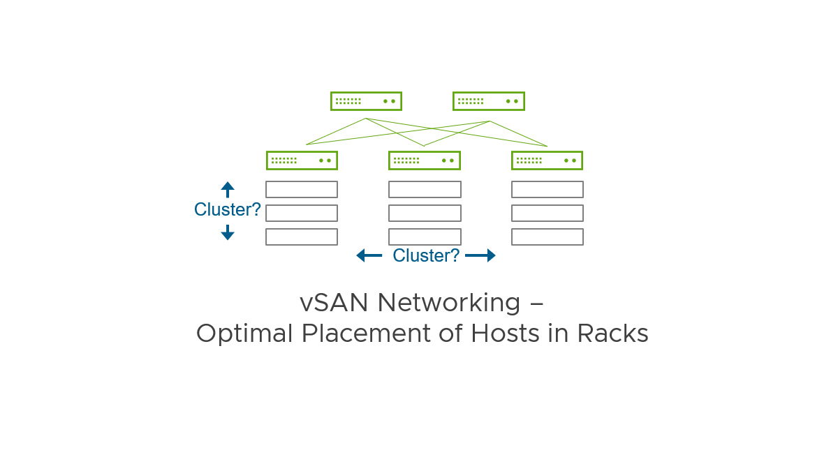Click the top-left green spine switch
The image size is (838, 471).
pyautogui.click(x=366, y=101)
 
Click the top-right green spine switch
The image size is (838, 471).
pyautogui.click(x=488, y=101)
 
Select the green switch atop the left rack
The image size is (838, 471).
pyautogui.click(x=302, y=160)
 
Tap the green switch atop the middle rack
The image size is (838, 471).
pyautogui.click(x=424, y=160)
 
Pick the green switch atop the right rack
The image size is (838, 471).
pyautogui.click(x=547, y=160)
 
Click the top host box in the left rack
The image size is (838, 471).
pyautogui.click(x=302, y=190)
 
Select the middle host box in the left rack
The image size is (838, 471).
pyautogui.click(x=302, y=213)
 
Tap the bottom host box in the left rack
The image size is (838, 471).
pyautogui.click(x=302, y=237)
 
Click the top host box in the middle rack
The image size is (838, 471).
pyautogui.click(x=425, y=190)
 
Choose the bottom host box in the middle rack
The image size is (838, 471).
pyautogui.click(x=425, y=237)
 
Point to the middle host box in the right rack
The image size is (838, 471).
pyautogui.click(x=547, y=213)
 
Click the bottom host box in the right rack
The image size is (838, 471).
pyautogui.click(x=547, y=237)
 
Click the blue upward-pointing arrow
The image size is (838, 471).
pyautogui.click(x=228, y=189)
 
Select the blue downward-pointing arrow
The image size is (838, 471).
pyautogui.click(x=228, y=233)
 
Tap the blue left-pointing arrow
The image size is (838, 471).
pyautogui.click(x=369, y=255)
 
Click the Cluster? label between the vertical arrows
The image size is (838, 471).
pyautogui.click(x=228, y=209)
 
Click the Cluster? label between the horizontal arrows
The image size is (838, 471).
pyautogui.click(x=426, y=255)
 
